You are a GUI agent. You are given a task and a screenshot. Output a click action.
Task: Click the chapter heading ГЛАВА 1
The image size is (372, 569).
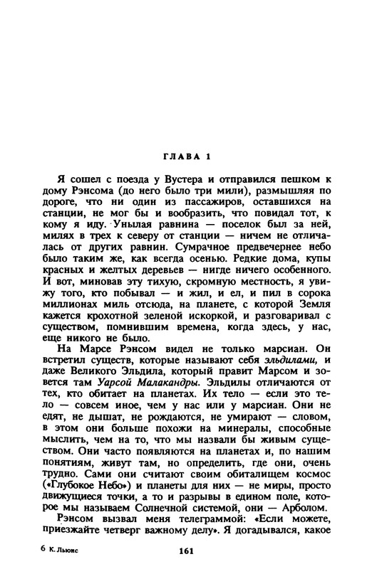click(185, 156)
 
